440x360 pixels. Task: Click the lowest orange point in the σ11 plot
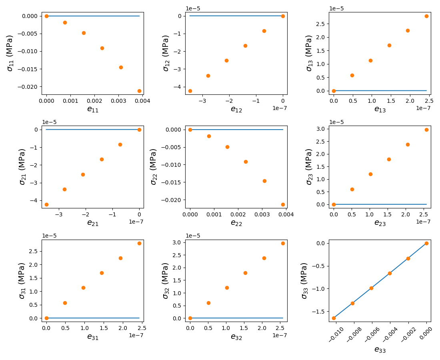coord(139,91)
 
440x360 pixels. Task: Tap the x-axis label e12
coord(237,109)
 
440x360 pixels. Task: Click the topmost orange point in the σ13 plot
coord(426,16)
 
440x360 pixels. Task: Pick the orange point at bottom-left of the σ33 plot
coord(334,318)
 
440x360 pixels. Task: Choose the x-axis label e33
coord(380,350)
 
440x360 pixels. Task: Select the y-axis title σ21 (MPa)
coord(22,167)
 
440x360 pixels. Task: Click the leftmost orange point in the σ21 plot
coord(46,204)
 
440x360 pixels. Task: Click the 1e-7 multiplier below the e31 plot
coord(136,335)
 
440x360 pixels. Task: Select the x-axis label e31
coord(93,337)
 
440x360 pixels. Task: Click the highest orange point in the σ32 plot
coord(283,243)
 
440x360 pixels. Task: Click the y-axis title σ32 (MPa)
coord(166,280)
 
